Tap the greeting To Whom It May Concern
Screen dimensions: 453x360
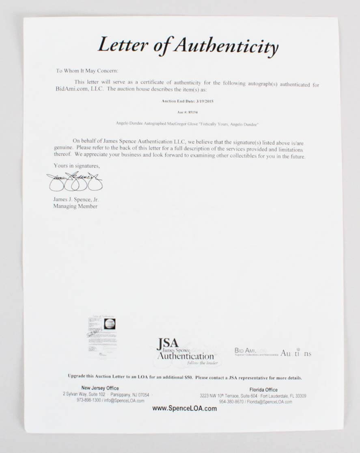87,71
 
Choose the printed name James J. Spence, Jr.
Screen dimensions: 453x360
76,199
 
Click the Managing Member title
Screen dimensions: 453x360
75,206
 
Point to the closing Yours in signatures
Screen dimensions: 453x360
76,166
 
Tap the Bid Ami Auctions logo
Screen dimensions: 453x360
273,353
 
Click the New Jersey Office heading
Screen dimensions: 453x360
100,388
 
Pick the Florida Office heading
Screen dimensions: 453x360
263,390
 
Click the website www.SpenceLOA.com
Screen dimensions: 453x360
184,408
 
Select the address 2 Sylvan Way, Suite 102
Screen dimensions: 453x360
84,394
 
